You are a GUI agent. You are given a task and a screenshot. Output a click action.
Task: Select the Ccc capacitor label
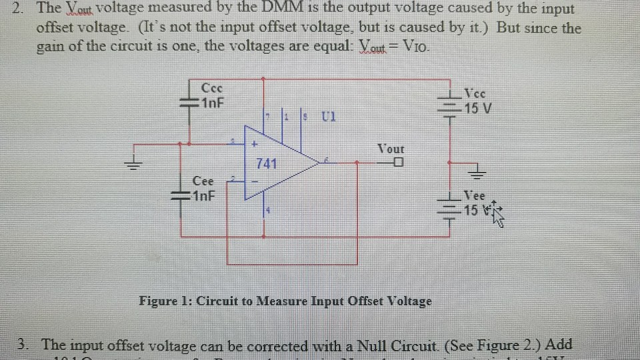tap(212, 88)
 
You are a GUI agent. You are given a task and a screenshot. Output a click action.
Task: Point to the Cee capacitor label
tap(203, 181)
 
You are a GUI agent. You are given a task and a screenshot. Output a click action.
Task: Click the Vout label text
tap(391, 149)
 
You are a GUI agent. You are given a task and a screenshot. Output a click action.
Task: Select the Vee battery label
tap(475, 196)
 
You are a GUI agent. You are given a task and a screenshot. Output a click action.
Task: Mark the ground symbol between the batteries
tap(476, 174)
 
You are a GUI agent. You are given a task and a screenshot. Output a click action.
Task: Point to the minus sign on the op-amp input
tap(254, 180)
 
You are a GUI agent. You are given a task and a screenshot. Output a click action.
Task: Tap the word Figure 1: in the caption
tap(163, 301)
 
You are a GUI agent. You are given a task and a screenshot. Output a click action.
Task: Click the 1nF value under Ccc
tap(213, 103)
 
